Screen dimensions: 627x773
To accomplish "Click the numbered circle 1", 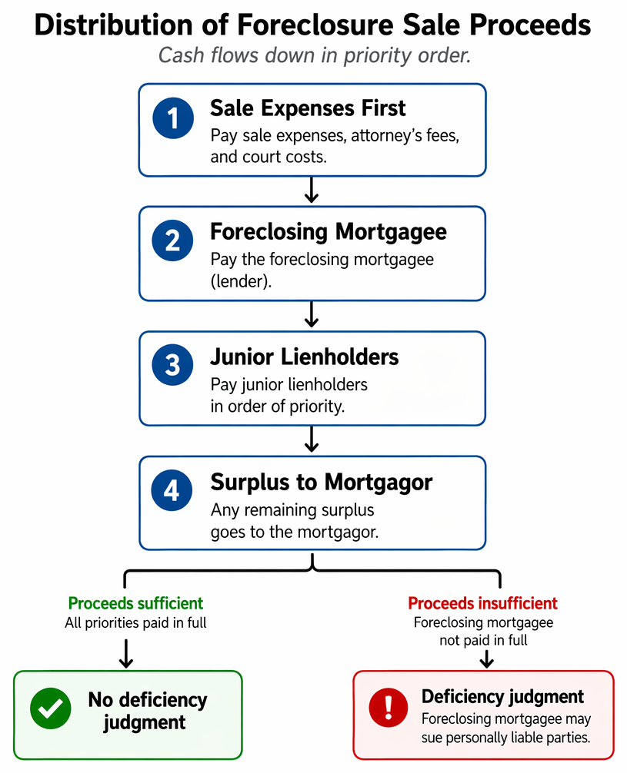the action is click(173, 118).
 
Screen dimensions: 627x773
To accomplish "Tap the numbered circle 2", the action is click(172, 241).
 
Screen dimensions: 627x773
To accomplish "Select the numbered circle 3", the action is click(172, 365).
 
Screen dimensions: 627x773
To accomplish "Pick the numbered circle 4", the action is click(172, 490).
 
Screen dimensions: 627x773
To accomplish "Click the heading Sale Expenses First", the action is click(308, 108).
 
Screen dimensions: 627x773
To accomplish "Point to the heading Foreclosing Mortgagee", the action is click(329, 231).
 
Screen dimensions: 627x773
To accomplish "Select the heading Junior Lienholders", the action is click(304, 357).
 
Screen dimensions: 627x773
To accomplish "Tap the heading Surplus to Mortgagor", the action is click(322, 482).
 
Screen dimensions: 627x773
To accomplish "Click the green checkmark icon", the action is click(50, 708).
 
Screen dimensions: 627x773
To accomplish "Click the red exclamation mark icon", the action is click(389, 708).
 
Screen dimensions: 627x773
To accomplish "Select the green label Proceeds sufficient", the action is click(135, 603).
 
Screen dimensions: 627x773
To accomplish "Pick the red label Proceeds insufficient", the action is click(482, 603).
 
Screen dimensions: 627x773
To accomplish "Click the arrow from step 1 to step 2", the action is click(311, 190).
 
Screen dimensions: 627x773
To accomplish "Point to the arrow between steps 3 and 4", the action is click(311, 440).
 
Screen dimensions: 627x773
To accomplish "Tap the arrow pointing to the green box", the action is click(126, 654).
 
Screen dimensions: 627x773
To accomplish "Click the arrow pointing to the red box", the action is click(487, 659).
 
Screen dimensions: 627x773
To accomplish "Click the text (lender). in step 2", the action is click(241, 281).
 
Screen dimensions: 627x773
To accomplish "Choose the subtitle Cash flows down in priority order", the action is click(314, 55).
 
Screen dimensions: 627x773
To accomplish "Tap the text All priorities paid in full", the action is click(135, 622).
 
